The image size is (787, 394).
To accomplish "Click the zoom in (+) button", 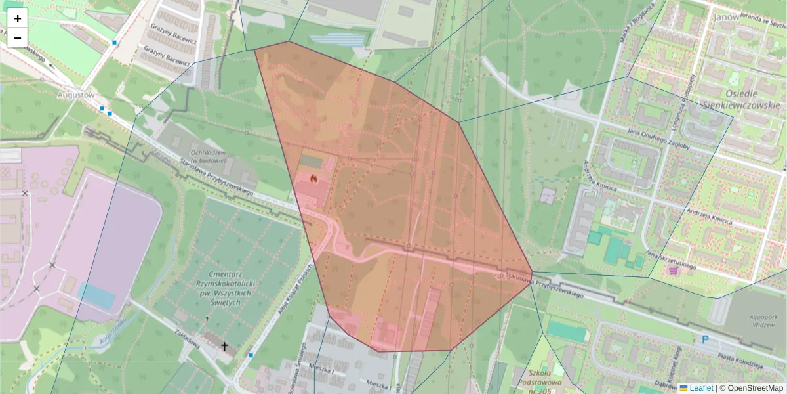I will [18, 18].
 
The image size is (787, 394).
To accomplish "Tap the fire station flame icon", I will [313, 178].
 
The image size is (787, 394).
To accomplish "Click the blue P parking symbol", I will [706, 339].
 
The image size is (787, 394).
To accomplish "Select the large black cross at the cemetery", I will [224, 345].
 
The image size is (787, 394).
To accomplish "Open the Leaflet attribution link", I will [701, 388].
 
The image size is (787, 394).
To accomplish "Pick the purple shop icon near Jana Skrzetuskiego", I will [673, 270].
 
